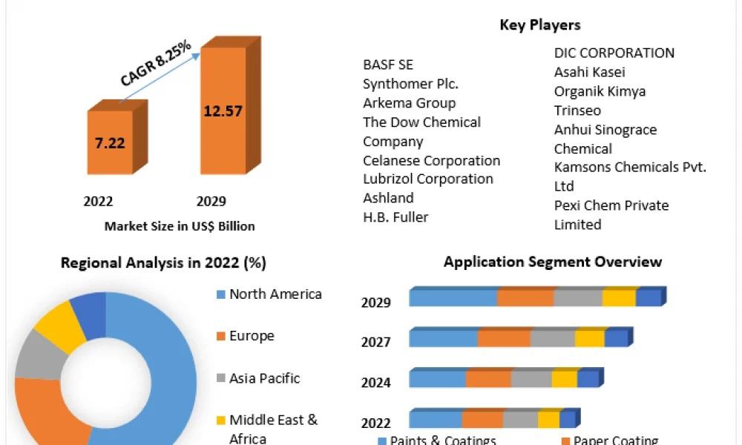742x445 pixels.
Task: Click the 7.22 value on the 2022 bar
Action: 110,143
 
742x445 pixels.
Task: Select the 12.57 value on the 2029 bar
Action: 223,111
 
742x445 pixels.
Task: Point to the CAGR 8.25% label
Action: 156,63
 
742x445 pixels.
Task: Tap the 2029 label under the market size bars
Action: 211,202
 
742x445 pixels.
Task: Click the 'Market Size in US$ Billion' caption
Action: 180,226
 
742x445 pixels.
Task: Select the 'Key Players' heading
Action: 540,24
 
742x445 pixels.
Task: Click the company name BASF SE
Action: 388,65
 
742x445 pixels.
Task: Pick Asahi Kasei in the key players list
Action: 590,72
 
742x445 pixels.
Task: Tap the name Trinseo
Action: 577,111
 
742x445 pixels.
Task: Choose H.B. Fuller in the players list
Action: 395,217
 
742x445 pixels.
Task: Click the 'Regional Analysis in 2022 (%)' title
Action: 163,263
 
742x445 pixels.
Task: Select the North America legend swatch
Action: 221,294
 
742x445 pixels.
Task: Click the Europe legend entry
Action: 246,336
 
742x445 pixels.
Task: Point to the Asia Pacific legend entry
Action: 258,378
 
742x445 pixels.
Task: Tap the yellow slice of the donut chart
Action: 59,326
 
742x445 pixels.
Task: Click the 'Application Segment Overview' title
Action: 553,262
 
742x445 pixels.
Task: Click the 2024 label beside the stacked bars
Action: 375,382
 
